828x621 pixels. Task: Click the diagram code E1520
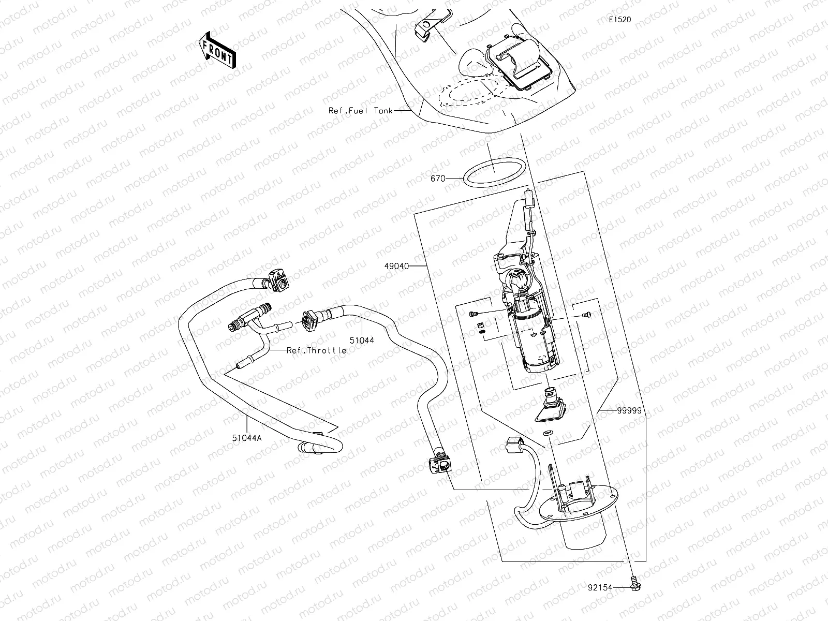(619, 20)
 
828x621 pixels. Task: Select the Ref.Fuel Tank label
(361, 110)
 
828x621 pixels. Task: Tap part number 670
(438, 179)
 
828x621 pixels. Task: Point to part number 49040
(396, 266)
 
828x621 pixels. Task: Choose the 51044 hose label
(362, 340)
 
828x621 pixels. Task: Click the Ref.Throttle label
(317, 350)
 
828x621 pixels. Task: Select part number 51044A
(247, 437)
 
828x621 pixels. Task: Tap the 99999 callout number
(629, 410)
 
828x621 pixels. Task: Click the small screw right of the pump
(585, 314)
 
